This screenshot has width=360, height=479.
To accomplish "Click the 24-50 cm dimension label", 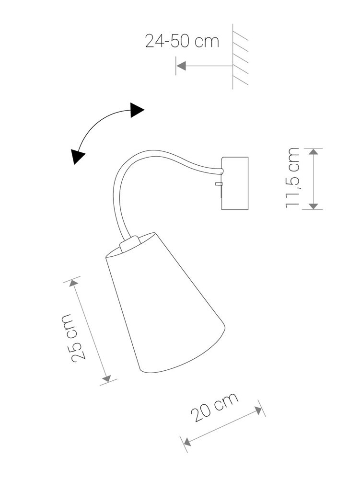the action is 182,41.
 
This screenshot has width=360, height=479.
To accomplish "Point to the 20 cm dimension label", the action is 215,407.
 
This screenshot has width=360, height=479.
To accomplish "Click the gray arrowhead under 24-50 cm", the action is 181,66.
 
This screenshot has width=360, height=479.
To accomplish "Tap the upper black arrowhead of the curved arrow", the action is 137,110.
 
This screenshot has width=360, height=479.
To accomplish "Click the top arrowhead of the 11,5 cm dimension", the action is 314,153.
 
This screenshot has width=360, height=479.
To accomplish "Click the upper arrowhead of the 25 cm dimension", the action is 74,284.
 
